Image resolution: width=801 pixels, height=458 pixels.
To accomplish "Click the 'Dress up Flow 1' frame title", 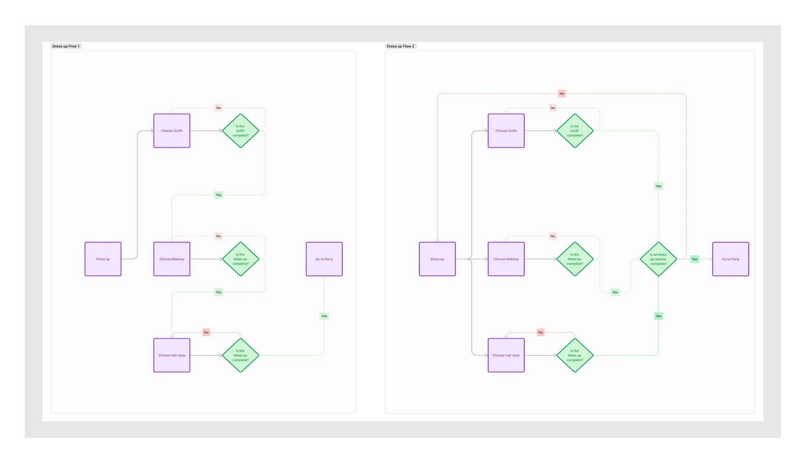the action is pos(66,46).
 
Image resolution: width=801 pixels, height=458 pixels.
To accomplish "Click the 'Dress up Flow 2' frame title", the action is pos(400,46).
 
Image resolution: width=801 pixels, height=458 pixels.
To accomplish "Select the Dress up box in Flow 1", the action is pos(103,259).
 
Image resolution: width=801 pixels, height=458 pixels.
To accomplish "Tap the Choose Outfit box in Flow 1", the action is pos(172,131).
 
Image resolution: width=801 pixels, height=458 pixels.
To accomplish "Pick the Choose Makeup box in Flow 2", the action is pos(506,259).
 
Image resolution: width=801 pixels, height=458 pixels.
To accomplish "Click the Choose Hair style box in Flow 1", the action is pos(172,355).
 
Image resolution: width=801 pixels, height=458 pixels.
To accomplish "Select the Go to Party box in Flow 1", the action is pos(324,259).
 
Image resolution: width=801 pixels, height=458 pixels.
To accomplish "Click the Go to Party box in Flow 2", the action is pos(731,259).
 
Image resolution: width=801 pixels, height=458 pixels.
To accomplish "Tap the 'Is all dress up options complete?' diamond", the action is pos(658,259).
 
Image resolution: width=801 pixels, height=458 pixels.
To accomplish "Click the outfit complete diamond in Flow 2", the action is pos(574,131).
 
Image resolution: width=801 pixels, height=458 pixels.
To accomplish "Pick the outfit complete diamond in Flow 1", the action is pos(240,131).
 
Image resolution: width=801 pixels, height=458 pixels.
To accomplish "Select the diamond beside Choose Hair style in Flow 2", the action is pos(574,355).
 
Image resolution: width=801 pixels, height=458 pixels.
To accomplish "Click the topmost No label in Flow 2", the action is pos(562,94).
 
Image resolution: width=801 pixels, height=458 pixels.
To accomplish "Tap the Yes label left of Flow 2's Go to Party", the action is pos(694,259).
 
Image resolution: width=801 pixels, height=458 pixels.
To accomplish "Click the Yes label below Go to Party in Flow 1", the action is pos(324,316).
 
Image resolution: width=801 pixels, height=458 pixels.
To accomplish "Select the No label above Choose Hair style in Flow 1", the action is pos(206,332).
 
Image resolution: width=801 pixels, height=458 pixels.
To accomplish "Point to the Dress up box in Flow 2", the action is pos(437,259).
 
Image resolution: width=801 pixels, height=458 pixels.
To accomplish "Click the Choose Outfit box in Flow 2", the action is pos(506,131).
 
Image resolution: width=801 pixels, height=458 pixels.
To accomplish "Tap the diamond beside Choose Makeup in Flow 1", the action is pos(240,259).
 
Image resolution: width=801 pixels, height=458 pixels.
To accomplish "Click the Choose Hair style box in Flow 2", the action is pos(506,355).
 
